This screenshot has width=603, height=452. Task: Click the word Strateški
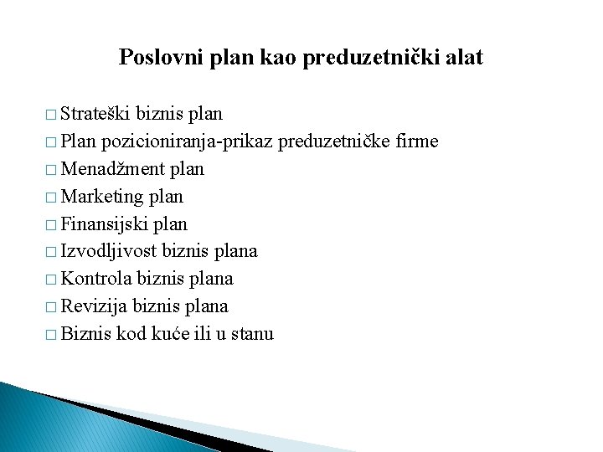tap(95, 114)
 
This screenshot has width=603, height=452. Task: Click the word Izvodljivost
tap(109, 251)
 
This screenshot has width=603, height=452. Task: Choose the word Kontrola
tap(100, 279)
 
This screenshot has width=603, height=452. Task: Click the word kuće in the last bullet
tap(171, 334)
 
